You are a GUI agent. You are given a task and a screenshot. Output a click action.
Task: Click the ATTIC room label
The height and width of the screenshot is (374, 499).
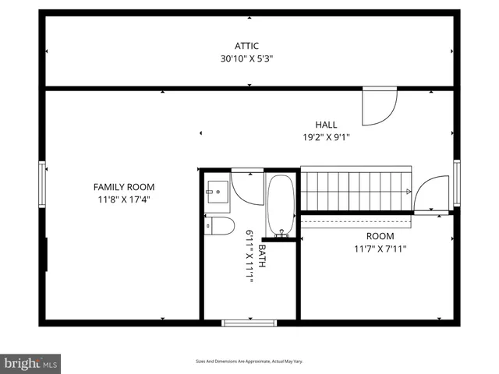(x=247, y=46)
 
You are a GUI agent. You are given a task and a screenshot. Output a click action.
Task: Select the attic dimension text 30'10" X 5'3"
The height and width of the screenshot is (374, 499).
(x=247, y=58)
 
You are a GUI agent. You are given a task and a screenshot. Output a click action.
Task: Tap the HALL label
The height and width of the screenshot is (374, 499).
(x=326, y=125)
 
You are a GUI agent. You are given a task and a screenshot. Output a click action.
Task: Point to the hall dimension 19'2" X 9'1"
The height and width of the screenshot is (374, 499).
(x=326, y=137)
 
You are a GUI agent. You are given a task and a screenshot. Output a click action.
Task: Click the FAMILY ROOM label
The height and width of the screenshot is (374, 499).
(x=124, y=187)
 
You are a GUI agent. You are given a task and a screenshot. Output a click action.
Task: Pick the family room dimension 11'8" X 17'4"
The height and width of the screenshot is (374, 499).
(x=124, y=199)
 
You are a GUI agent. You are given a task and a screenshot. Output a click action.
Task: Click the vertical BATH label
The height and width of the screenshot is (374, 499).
(x=263, y=257)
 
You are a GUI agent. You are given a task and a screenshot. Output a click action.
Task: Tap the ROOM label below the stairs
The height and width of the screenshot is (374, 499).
(x=380, y=236)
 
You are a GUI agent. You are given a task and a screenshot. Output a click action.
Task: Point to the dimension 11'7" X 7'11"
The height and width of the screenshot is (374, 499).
(x=380, y=249)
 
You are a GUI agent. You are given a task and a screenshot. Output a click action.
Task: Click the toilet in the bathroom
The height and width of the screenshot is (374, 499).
(x=220, y=226)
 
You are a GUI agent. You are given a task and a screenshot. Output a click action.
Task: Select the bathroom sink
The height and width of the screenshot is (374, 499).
(x=216, y=191)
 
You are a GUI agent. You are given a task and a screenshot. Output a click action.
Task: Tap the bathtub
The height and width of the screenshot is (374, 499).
(x=280, y=205)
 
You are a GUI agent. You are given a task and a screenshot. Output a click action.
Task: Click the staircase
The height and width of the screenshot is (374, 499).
(x=355, y=192)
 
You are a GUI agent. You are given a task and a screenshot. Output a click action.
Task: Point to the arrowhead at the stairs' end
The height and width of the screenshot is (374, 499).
(x=408, y=191)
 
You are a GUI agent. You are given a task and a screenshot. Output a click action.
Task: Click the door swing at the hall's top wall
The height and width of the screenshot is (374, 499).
(x=380, y=108)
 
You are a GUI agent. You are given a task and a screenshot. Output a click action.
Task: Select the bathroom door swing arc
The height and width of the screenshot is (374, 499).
(x=248, y=189)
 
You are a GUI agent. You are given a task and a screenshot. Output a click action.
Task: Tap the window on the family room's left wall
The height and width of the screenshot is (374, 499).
(x=42, y=184)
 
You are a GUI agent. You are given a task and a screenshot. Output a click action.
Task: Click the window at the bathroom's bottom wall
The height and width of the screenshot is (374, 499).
(x=249, y=323)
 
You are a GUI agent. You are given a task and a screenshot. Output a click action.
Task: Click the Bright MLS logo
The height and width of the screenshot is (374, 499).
(x=31, y=363)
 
